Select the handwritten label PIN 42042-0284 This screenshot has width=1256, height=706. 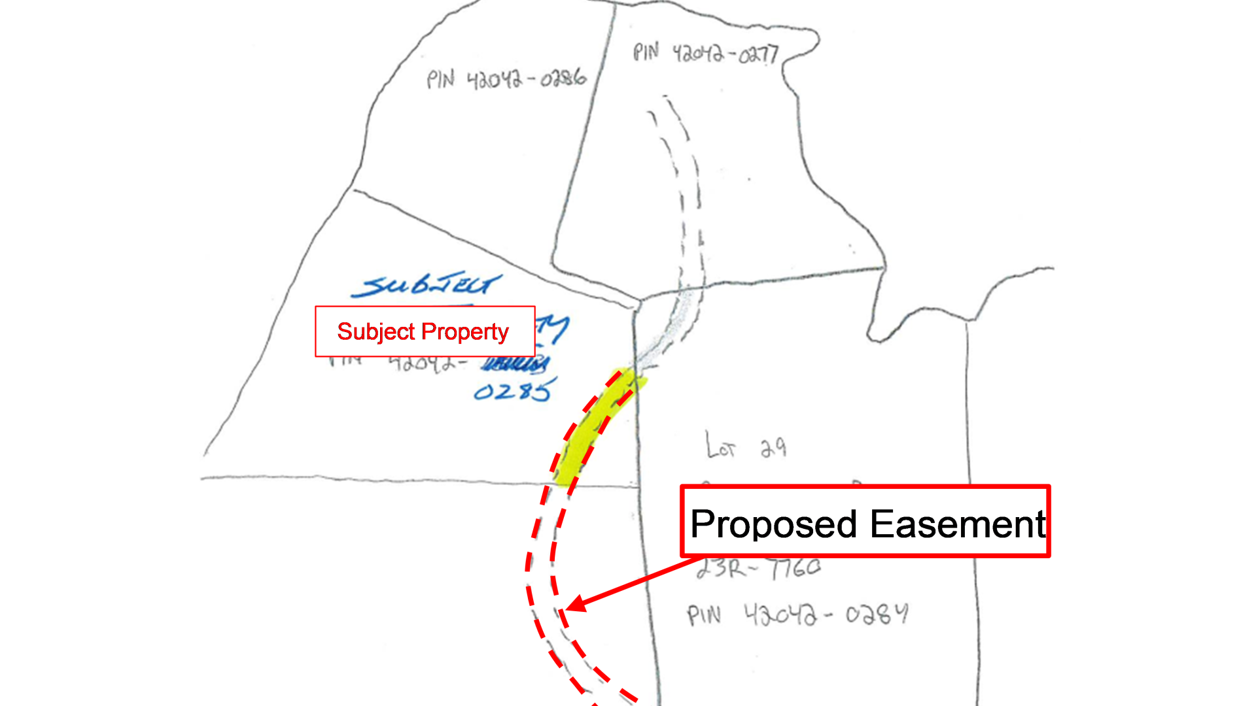pos(797,614)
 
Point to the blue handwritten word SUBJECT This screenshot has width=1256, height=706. pos(427,285)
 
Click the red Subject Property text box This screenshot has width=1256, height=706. pos(425,331)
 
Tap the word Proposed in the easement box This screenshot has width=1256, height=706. pos(773,524)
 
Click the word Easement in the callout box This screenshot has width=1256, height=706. pos(958,524)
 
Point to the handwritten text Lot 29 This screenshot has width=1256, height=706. pos(746,446)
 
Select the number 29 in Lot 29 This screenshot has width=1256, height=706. pos(773,448)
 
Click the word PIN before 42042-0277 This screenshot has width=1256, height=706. pos(646,52)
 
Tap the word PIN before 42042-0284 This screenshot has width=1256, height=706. pos(704,616)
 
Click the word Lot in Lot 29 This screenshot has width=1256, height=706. pos(721,446)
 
